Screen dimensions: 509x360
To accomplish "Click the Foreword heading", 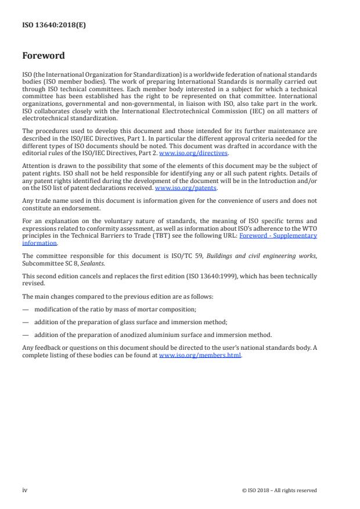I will [x=44, y=56].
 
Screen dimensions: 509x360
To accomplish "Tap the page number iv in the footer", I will [x=25, y=490].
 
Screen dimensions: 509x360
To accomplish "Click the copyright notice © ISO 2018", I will [x=279, y=490].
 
